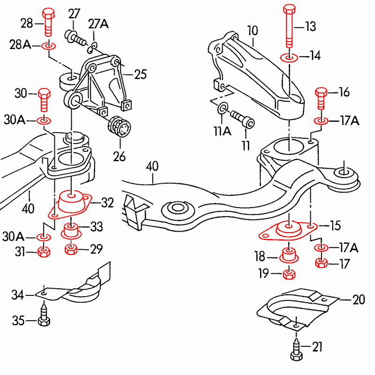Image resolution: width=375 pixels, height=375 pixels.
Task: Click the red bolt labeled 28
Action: click(48, 22)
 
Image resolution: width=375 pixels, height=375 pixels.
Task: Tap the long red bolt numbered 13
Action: click(289, 26)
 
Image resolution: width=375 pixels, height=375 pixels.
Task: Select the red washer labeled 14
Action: click(289, 58)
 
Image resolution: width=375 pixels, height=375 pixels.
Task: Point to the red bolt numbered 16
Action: click(321, 98)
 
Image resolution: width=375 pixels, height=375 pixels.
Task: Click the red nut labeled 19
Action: click(289, 274)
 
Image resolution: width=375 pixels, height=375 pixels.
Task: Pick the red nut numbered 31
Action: click(44, 252)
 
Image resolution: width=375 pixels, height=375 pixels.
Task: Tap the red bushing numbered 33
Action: click(71, 231)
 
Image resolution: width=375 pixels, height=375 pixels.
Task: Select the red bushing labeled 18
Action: click(289, 255)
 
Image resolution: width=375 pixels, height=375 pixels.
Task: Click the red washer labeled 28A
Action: click(49, 45)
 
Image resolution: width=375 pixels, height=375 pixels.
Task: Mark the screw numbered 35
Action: click(44, 314)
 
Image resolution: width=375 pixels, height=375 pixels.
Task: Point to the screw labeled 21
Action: click(297, 349)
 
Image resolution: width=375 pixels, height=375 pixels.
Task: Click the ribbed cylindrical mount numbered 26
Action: click(120, 127)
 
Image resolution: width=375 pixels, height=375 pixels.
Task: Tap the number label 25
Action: click(140, 75)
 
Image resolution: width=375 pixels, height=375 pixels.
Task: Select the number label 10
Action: click(253, 30)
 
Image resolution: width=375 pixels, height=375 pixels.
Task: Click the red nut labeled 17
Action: click(322, 263)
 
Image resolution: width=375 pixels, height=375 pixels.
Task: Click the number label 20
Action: click(359, 300)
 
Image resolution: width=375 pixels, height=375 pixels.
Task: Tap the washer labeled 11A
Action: click(223, 108)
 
